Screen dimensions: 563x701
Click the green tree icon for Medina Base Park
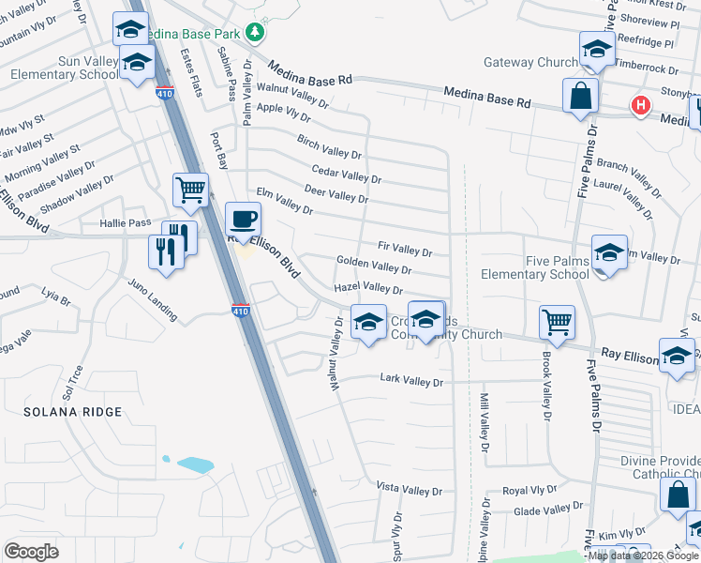click(255, 33)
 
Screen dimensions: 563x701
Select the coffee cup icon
click(244, 220)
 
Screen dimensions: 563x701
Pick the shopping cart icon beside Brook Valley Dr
click(558, 323)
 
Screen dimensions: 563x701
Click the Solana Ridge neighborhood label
click(74, 412)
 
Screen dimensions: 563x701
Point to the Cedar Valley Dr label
click(346, 175)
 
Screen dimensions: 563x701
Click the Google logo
click(33, 551)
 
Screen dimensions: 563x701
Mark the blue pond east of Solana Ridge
click(195, 464)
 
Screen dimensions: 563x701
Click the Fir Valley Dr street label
click(404, 250)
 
